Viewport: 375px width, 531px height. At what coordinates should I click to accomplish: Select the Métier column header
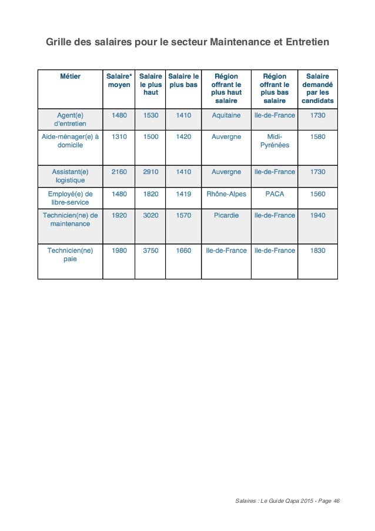point(70,76)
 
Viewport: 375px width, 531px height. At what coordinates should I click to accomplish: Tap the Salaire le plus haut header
point(151,85)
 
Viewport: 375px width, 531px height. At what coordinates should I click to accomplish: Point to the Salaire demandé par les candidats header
point(317,89)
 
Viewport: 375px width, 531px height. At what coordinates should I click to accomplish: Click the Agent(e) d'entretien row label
point(70,119)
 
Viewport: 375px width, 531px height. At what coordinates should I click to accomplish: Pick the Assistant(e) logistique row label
point(70,176)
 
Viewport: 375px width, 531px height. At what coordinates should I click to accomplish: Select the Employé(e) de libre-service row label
point(70,197)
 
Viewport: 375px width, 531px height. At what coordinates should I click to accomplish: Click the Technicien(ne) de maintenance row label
point(70,219)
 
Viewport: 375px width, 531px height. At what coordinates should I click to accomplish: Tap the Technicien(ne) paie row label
point(70,254)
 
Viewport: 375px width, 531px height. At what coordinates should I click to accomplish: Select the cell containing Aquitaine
point(226,115)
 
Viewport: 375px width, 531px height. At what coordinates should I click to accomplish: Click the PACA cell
point(274,193)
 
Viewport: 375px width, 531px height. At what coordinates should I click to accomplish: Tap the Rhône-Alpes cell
point(226,193)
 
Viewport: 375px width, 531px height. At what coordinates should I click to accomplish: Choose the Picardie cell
point(226,215)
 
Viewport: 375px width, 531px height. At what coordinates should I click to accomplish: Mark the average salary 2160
point(119,172)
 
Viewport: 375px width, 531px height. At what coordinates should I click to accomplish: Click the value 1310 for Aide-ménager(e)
point(119,136)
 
